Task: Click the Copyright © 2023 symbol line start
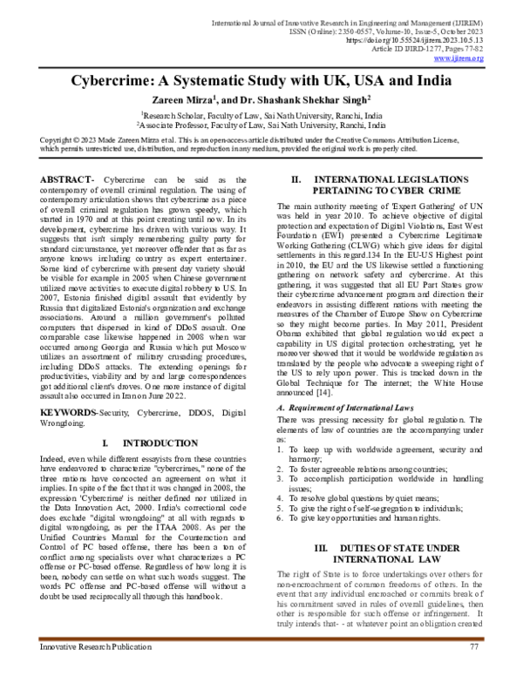click(x=65, y=139)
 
